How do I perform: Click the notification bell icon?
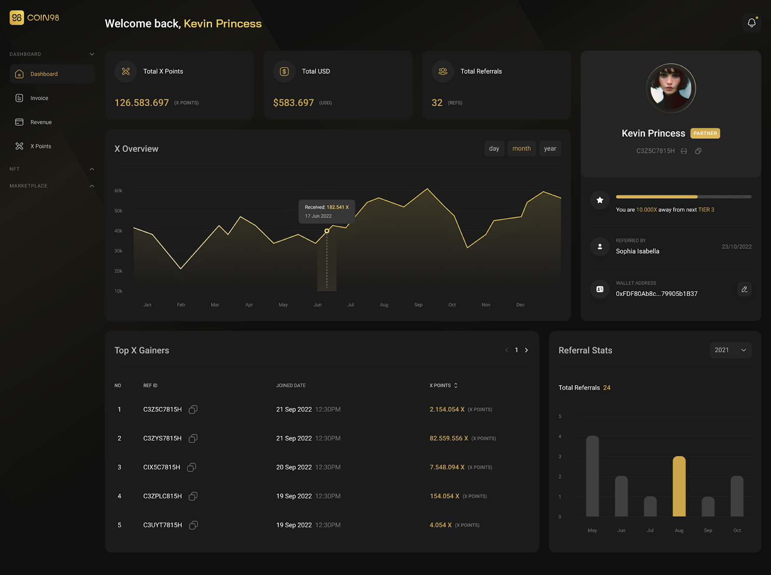coord(751,23)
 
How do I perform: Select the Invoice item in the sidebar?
coord(39,98)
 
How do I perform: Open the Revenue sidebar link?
coord(40,122)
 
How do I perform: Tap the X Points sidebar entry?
coord(40,147)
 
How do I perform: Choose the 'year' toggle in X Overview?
coord(550,148)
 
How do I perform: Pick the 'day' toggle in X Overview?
coord(494,148)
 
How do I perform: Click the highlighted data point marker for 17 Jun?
coord(327,231)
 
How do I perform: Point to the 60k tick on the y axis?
coord(118,191)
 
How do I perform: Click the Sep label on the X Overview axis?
coord(418,305)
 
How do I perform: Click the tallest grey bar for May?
coord(592,476)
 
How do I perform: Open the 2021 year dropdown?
coord(730,350)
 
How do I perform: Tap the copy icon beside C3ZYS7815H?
coord(193,438)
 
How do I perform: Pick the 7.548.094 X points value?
coord(447,467)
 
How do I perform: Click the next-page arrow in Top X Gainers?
coord(526,350)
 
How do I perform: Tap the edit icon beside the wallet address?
coord(744,289)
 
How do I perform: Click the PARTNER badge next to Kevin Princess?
coord(705,134)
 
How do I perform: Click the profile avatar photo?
coord(671,88)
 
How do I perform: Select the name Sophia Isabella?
coord(637,251)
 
